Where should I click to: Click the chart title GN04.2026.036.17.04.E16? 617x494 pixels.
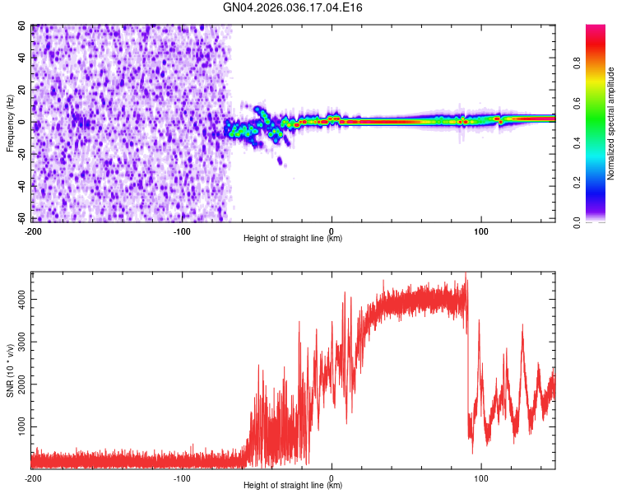point(294,7)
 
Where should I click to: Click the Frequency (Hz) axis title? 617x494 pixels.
point(10,123)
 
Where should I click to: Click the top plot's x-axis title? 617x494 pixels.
point(293,238)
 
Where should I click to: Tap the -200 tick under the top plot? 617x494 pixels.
point(33,230)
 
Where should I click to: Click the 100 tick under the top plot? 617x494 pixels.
point(481,230)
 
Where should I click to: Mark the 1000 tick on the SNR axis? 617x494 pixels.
point(19,427)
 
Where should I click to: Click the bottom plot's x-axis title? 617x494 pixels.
point(293,485)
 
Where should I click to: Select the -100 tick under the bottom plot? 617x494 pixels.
point(182,478)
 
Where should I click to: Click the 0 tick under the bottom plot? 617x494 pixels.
point(332,478)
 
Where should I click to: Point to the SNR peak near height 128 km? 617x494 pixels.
point(522,326)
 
